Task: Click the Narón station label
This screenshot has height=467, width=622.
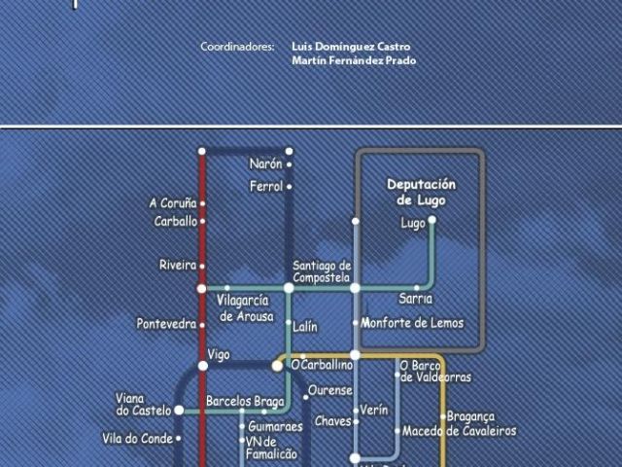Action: click(x=265, y=164)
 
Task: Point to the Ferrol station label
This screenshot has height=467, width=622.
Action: click(x=266, y=186)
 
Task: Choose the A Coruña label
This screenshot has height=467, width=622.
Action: click(x=173, y=203)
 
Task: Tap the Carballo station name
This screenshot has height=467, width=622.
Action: click(x=176, y=222)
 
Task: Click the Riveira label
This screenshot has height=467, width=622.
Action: click(x=178, y=265)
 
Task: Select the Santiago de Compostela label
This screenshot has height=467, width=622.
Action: click(x=322, y=271)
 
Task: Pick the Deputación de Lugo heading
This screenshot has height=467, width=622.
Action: click(x=421, y=192)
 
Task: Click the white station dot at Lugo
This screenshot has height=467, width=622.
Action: click(x=432, y=220)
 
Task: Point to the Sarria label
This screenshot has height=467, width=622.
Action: click(x=416, y=299)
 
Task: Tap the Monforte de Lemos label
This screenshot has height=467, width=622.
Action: click(x=412, y=323)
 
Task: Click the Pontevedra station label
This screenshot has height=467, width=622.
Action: click(x=166, y=324)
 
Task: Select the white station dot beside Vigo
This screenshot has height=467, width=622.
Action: click(x=203, y=366)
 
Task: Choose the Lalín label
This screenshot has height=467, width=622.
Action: click(x=305, y=328)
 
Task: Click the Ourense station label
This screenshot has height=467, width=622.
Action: click(x=329, y=391)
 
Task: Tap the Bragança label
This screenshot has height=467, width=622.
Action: click(x=471, y=416)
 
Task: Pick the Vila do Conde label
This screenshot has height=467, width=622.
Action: click(x=136, y=439)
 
